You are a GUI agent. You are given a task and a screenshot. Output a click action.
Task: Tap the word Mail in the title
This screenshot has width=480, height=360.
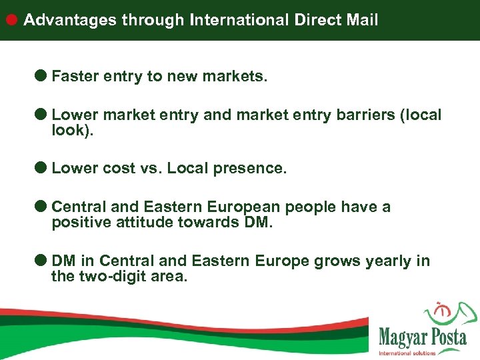tap(361, 20)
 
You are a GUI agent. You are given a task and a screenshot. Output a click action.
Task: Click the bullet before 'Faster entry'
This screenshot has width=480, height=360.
tap(41, 76)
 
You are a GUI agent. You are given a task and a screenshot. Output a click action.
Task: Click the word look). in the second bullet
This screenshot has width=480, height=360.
tap(73, 131)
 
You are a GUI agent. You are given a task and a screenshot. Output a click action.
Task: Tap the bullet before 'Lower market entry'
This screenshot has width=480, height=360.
tap(41, 115)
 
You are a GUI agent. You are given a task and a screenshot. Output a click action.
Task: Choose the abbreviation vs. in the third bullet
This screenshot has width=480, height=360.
tap(148, 169)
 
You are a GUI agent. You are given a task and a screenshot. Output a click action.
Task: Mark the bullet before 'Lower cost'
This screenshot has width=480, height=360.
tap(41, 168)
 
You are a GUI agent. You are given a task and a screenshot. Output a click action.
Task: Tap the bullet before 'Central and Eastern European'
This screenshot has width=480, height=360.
tap(41, 207)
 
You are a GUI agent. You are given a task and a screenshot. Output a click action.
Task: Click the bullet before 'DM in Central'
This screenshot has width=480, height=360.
tap(41, 260)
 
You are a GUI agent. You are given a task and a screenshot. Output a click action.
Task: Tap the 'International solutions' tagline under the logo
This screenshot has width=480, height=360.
tap(407, 353)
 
